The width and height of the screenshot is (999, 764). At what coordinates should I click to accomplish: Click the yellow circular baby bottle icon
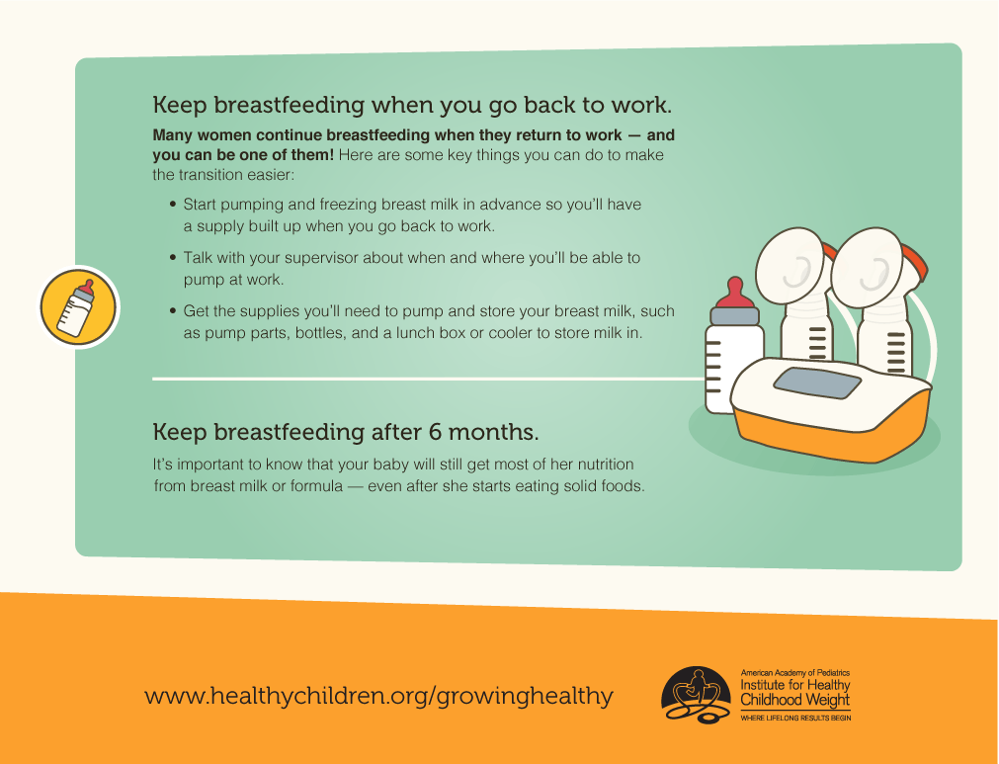79,307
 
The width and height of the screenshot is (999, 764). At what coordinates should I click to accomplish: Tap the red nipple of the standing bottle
734,293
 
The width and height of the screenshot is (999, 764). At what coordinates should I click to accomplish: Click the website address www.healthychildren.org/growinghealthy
378,695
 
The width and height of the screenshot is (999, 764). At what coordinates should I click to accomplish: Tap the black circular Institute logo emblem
695,695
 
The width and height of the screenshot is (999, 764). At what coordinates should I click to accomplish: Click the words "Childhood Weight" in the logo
794,700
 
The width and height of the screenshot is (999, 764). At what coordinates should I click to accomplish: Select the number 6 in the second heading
435,432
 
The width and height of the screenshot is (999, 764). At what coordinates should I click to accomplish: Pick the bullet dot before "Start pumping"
173,205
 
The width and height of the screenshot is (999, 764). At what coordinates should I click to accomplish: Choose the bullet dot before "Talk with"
173,258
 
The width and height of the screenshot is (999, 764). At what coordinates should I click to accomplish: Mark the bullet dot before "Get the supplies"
173,311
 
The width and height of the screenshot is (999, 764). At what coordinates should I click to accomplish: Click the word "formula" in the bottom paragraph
316,485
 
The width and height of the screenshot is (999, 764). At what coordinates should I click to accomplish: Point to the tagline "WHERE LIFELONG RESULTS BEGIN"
795,719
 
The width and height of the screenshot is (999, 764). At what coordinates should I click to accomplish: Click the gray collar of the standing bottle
734,316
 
